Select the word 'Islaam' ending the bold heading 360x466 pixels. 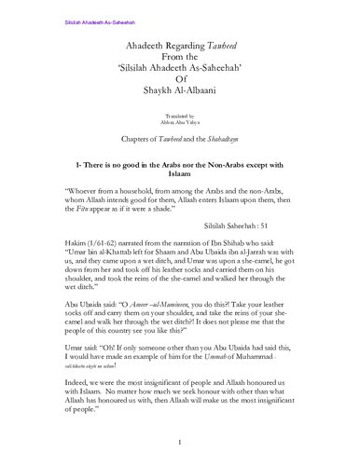[x=179, y=173]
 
